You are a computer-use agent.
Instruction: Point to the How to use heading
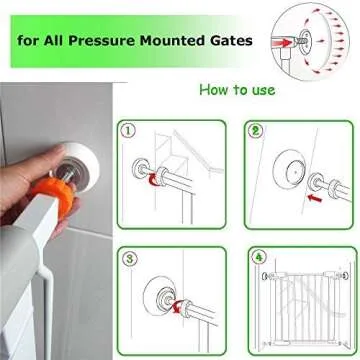tap(237, 91)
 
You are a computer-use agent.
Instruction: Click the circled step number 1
tap(127, 130)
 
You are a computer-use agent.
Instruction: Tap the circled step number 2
tap(254, 130)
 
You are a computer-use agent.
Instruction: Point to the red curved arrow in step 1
tap(152, 181)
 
